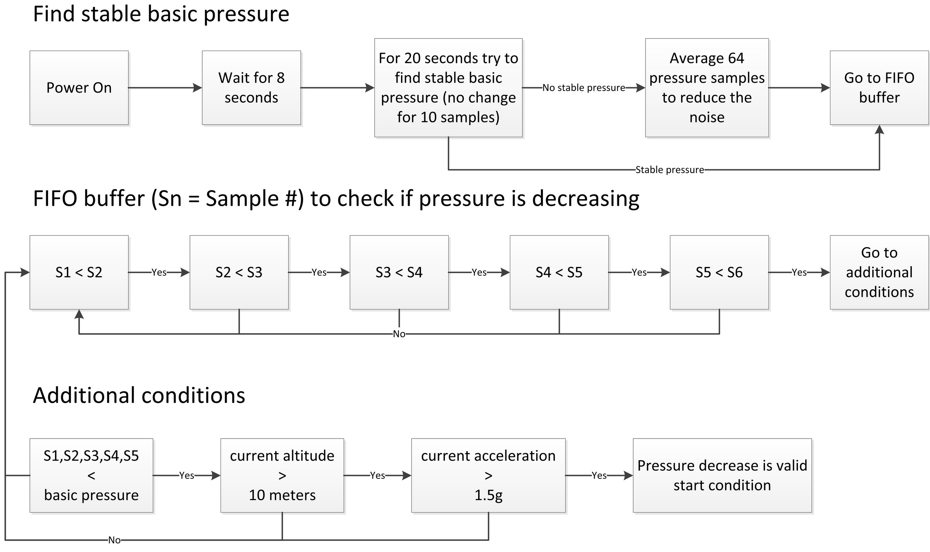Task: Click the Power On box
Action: point(79,88)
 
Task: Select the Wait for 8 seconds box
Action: point(251,88)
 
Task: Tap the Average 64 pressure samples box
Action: point(707,88)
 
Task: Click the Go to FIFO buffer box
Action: point(879,88)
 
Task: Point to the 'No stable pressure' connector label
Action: point(584,88)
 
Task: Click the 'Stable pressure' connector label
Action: point(670,170)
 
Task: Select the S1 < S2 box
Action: point(79,272)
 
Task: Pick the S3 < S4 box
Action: point(399,272)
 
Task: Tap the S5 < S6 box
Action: point(719,272)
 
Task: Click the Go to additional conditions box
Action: point(879,272)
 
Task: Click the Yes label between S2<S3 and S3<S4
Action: point(319,272)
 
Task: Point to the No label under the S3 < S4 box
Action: point(399,334)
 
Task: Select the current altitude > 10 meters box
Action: point(282,475)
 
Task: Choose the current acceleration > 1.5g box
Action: point(488,475)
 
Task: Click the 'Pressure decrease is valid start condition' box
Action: point(722,475)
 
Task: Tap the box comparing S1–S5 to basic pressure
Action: point(91,475)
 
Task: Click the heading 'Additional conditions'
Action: point(139,396)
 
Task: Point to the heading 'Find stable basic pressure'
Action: point(161,15)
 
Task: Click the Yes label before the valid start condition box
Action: point(599,475)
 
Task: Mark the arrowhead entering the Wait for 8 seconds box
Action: point(198,88)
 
